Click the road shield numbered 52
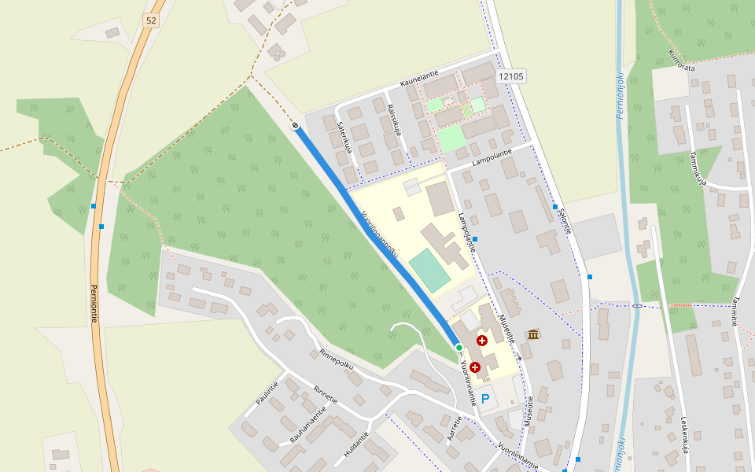coord(151,20)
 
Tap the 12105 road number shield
coord(511,76)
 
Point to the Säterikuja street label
coord(342,135)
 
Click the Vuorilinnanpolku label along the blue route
coord(380,234)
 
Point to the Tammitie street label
coord(733,312)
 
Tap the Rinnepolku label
coord(337,359)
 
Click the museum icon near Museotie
coord(533,335)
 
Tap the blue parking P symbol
coord(485,399)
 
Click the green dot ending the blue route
coord(459,347)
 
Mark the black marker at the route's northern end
coord(295,126)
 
